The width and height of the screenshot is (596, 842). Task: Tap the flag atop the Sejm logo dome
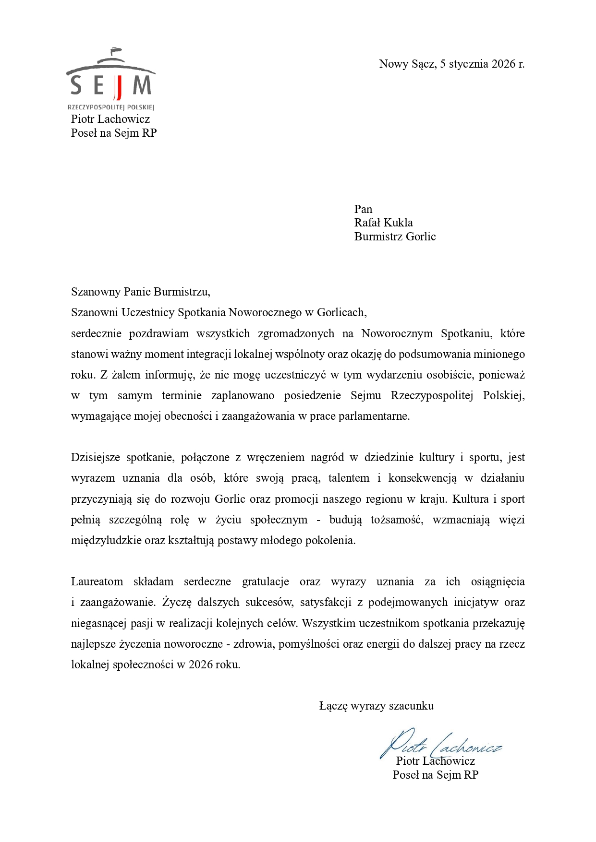tap(114, 49)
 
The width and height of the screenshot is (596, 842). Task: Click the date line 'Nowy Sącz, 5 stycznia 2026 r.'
tap(451, 64)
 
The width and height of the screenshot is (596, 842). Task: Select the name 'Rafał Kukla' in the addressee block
tap(383, 223)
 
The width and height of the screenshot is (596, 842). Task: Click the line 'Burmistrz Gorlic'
tap(395, 237)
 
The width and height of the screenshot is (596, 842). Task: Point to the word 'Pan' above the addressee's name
tap(363, 209)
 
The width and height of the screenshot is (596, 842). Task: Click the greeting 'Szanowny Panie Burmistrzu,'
tap(141, 292)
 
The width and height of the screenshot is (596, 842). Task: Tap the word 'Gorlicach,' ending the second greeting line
tap(341, 313)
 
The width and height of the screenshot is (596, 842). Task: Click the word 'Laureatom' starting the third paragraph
tap(97, 582)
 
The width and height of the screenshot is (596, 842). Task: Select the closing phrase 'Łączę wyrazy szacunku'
tap(376, 706)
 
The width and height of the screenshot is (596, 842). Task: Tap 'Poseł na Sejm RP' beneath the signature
tap(435, 775)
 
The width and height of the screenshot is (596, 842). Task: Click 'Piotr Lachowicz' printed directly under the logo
tap(110, 119)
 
